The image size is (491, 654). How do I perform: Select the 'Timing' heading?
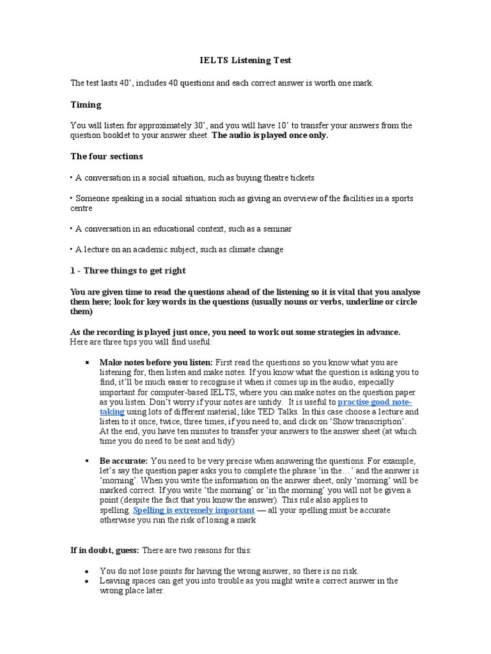click(x=86, y=104)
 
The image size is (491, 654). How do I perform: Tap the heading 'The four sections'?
click(x=106, y=156)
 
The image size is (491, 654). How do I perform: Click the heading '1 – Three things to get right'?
click(x=128, y=270)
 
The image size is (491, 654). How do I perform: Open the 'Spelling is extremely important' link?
click(x=194, y=510)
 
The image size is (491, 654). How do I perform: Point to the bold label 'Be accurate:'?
click(x=123, y=460)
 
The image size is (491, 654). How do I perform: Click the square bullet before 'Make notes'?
click(x=86, y=362)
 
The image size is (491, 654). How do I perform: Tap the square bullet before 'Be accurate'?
click(x=86, y=460)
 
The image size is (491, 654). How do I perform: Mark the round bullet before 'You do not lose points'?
click(x=86, y=571)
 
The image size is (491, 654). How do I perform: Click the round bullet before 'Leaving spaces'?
click(x=86, y=581)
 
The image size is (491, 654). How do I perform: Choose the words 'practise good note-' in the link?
click(x=375, y=402)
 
